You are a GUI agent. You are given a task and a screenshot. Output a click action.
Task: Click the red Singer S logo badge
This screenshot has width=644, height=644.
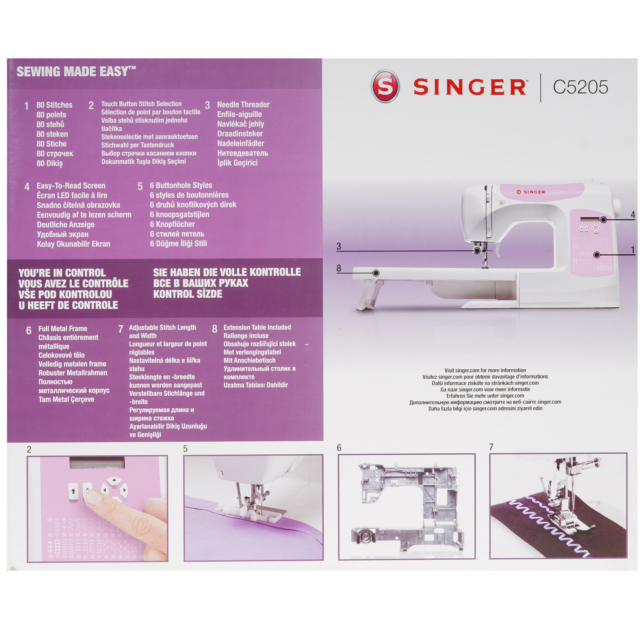click(x=385, y=86)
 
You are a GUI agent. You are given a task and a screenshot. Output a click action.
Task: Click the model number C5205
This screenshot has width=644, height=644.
click(x=580, y=87)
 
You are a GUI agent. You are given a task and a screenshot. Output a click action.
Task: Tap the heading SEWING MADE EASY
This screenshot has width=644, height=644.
click(x=76, y=72)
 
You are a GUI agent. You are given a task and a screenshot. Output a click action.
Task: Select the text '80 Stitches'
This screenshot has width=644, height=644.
click(x=54, y=105)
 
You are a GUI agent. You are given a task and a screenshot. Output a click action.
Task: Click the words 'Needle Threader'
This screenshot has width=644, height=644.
click(x=243, y=105)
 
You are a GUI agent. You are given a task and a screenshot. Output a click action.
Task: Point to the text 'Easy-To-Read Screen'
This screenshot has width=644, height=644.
click(x=71, y=186)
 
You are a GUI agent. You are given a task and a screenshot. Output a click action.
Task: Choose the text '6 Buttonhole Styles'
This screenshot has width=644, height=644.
click(x=181, y=185)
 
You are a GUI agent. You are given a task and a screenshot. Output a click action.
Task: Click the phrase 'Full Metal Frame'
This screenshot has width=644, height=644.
click(x=63, y=328)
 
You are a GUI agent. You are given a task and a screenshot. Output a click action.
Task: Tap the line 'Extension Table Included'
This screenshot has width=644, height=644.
click(x=257, y=327)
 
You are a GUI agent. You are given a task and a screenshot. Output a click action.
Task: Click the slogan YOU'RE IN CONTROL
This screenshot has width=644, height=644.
click(x=62, y=273)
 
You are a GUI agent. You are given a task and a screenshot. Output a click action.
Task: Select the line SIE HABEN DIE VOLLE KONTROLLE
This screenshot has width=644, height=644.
click(x=227, y=272)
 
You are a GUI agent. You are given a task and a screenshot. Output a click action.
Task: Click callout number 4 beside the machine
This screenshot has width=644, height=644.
click(x=633, y=215)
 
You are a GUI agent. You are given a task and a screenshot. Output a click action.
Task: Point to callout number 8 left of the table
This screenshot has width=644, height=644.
click(x=339, y=268)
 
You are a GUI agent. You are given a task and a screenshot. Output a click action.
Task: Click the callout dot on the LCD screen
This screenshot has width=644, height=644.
click(x=603, y=220)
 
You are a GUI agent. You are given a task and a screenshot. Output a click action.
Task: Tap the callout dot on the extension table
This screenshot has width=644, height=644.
click(x=376, y=273)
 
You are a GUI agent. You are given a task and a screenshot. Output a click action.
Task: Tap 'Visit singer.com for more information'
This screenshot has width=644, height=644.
click(x=485, y=370)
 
